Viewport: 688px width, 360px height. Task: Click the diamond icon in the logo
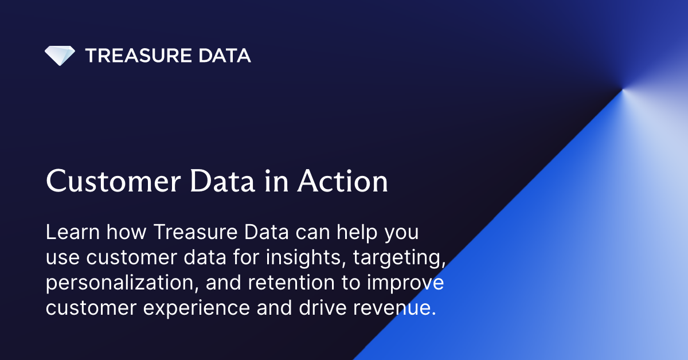pos(60,56)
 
